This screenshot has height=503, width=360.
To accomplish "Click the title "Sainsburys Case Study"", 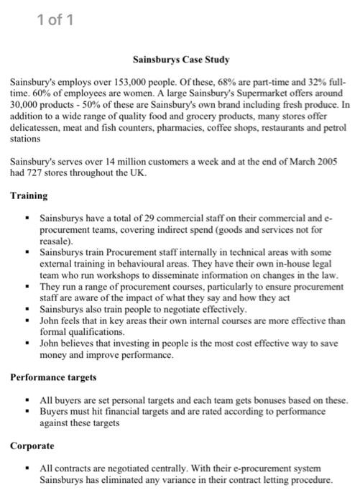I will (180, 60).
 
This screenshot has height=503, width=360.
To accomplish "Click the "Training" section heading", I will (29, 195).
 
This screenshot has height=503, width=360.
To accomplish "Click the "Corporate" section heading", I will (33, 446).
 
